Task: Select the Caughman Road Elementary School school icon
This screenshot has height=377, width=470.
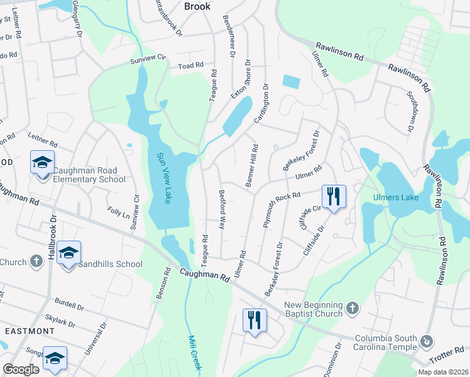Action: (43, 163)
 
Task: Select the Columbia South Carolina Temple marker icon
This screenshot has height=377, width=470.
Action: (427, 341)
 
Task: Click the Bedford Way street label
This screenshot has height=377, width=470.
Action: (222, 209)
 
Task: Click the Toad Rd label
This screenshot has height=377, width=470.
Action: (191, 65)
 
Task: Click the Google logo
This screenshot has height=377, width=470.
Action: (21, 369)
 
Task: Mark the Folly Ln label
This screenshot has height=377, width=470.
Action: (118, 212)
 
